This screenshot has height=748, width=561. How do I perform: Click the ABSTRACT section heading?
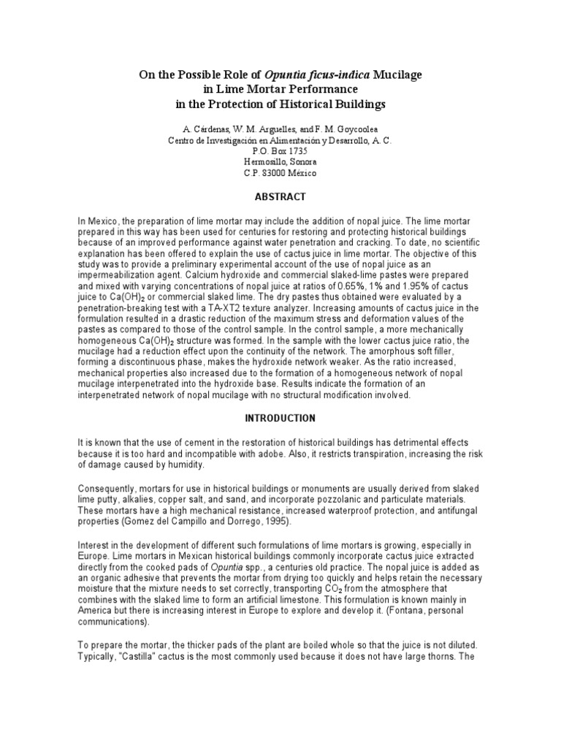point(280,196)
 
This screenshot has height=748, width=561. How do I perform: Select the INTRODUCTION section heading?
point(280,419)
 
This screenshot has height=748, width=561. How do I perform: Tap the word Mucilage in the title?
point(397,75)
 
